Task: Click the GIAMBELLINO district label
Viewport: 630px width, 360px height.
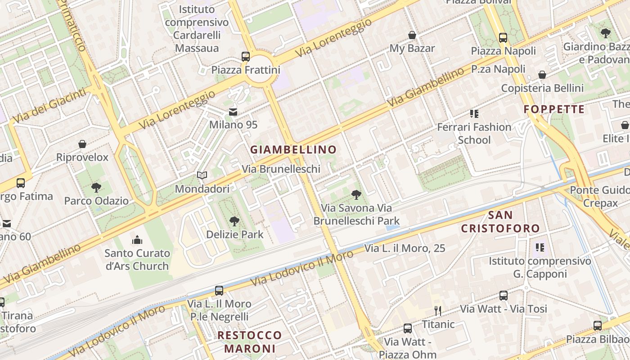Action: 293,149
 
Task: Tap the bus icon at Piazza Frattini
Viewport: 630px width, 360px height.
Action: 246,57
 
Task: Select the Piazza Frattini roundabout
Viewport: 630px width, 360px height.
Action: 260,70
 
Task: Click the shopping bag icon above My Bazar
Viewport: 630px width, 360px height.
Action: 412,35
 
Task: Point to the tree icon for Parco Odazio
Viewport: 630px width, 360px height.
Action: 96,187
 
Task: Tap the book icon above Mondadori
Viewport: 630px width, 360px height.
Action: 202,175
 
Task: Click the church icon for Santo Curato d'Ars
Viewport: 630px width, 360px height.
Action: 137,240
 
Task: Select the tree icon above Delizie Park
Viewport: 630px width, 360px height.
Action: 234,221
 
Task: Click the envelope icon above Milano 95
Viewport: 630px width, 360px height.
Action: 233,112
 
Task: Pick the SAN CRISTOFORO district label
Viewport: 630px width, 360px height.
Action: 500,221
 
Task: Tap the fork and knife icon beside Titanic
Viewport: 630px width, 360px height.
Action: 437,310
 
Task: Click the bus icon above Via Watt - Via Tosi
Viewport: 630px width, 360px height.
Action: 504,296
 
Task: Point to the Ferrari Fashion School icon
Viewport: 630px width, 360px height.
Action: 474,114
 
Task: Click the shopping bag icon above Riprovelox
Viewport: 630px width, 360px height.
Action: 82,144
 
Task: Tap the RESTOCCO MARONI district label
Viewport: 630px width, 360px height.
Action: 249,342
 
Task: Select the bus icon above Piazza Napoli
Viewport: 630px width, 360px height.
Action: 503,38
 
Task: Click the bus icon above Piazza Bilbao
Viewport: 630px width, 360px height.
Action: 598,326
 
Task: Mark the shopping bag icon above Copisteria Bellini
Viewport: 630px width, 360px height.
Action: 542,75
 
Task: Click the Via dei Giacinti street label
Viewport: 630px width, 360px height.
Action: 49,106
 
